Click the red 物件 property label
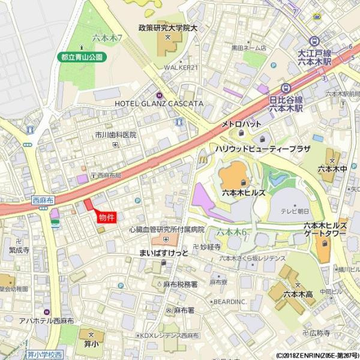coord(106,217)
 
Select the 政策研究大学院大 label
coord(167,28)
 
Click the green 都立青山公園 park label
coord(81,58)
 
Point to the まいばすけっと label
coord(163,254)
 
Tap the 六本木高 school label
coord(298,294)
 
